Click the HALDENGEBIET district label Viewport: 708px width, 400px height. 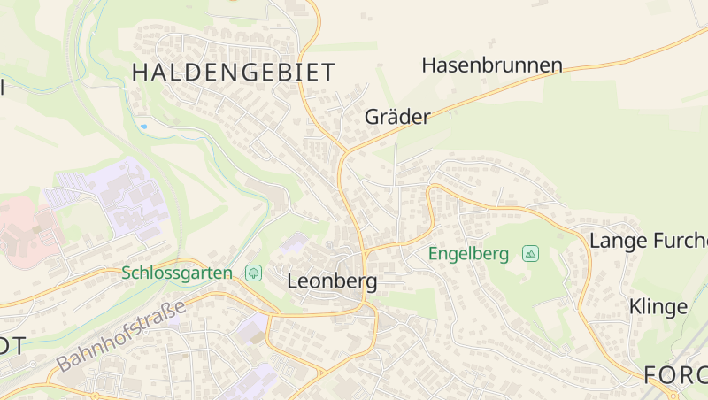[234, 73]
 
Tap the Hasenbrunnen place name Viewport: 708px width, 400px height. [492, 65]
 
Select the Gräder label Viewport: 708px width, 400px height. [397, 117]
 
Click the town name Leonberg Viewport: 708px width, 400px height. [332, 282]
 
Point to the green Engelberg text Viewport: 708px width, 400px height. [468, 254]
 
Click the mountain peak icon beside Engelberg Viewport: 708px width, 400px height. [530, 254]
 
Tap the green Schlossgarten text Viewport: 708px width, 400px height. [177, 273]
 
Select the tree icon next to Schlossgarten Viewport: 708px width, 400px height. [254, 273]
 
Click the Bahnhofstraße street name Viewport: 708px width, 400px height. [121, 335]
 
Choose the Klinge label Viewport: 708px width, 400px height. [658, 307]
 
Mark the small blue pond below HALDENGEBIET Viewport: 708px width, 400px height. [143, 127]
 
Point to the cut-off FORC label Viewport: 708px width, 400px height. [674, 374]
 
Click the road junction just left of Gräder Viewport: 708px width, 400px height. [342, 151]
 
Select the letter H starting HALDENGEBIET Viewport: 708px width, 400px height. [141, 73]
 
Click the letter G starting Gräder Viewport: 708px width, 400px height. [372, 117]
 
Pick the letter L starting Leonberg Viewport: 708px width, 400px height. [293, 282]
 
